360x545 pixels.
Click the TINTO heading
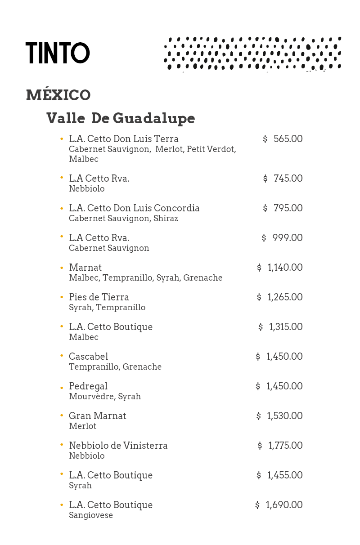[58, 53]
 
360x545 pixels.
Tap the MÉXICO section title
[58, 95]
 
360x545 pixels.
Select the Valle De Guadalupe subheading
[121, 118]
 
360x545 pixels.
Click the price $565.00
[283, 139]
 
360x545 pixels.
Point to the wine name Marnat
[85, 268]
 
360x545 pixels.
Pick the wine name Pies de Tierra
[99, 297]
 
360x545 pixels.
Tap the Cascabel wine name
[88, 357]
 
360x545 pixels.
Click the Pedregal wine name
[88, 386]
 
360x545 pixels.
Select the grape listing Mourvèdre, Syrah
[104, 397]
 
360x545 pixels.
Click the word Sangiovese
[90, 515]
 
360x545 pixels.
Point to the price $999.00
[282, 238]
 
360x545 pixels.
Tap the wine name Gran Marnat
[97, 416]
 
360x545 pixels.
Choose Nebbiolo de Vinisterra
[118, 446]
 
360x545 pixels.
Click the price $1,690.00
[279, 505]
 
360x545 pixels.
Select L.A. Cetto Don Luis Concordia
[134, 208]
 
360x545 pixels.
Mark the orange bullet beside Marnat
[62, 268]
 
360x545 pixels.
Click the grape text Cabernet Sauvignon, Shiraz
[123, 219]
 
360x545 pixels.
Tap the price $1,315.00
[280, 327]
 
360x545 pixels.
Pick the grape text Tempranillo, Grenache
[115, 367]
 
